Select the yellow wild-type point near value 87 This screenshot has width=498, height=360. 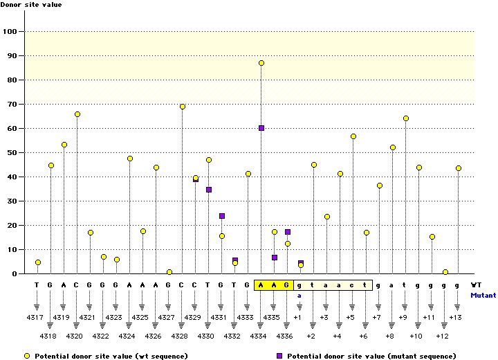[x=261, y=63]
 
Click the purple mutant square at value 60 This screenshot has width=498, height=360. [x=261, y=128]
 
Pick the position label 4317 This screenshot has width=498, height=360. [x=37, y=317]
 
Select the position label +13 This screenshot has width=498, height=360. [x=455, y=317]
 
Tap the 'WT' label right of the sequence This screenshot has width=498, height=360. [x=476, y=285]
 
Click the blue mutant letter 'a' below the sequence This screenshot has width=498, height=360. [x=299, y=295]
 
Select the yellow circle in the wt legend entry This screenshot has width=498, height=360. [x=27, y=355]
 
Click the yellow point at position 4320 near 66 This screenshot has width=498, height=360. [x=77, y=114]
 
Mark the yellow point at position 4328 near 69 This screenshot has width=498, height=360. [x=183, y=107]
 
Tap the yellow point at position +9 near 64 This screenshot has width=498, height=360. [x=406, y=118]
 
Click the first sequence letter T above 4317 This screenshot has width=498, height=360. [x=37, y=285]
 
